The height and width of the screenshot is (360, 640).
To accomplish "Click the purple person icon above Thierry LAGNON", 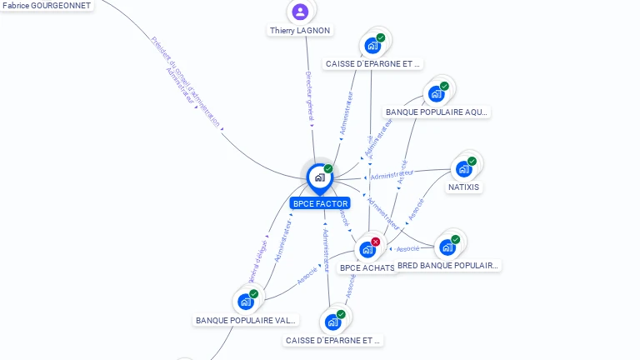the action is [300, 12].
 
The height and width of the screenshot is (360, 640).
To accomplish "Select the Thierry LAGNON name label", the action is [300, 31].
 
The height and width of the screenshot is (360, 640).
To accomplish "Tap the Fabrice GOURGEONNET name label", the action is [47, 5].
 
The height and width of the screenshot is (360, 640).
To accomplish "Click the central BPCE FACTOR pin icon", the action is [319, 177].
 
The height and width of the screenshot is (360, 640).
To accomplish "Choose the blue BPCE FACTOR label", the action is [320, 203].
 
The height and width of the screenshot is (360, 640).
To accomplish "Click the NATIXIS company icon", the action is [463, 169].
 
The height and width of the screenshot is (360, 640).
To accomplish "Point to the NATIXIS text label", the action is [464, 187].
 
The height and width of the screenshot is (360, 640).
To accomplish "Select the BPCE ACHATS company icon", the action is [367, 249].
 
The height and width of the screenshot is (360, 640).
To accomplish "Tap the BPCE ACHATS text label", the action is [367, 268].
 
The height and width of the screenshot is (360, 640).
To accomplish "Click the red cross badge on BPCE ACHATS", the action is [376, 242].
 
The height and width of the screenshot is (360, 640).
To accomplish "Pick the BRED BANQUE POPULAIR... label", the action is [447, 266].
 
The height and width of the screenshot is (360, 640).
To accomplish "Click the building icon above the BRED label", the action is [447, 247].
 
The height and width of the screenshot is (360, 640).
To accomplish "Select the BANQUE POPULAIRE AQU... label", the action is [437, 112].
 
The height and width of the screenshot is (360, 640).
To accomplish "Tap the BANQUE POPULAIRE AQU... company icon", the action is [436, 93].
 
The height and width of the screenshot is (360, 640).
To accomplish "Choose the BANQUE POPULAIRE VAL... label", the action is [246, 320].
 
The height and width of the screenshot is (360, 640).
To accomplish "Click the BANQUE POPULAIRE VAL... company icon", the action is [246, 301].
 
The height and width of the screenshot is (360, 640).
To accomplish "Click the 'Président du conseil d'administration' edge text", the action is [186, 82].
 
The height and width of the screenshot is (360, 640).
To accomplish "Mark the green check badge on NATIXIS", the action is [472, 162].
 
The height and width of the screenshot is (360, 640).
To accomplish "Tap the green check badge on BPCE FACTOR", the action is [328, 168].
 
